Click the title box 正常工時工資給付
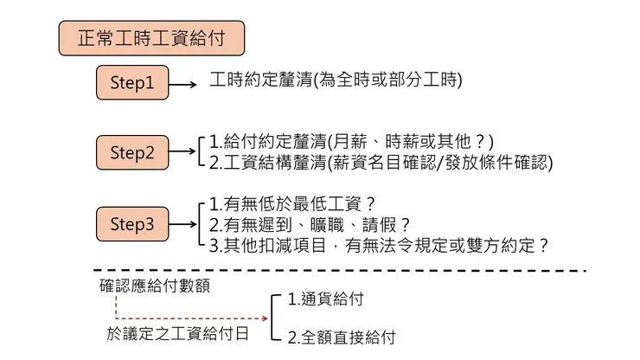[x=151, y=38]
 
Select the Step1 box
[x=132, y=82]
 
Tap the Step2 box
[x=132, y=152]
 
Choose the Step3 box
[x=132, y=224]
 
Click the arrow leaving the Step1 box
[x=182, y=85]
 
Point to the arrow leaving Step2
[x=182, y=151]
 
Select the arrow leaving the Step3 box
[x=182, y=224]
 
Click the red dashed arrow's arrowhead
[x=265, y=318]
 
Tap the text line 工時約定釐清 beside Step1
[x=336, y=80]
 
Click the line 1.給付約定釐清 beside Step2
[x=351, y=142]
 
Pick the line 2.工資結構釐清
[x=381, y=163]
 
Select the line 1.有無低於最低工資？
[x=292, y=203]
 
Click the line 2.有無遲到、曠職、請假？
[x=310, y=225]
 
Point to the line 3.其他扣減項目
[x=379, y=246]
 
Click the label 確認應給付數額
[x=155, y=286]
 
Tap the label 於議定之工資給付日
[x=177, y=334]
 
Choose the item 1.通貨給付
[x=326, y=299]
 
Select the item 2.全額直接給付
[x=342, y=337]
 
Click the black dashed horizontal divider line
[x=340, y=271]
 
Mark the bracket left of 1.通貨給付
[x=272, y=317]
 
